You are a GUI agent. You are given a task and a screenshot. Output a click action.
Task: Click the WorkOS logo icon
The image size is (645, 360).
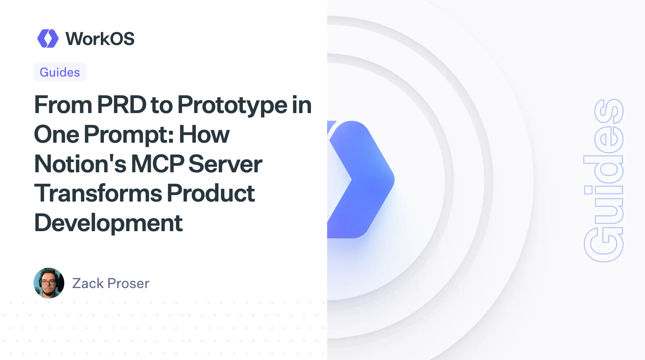[x=48, y=38]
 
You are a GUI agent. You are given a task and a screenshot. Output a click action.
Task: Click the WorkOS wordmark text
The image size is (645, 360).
[x=100, y=39]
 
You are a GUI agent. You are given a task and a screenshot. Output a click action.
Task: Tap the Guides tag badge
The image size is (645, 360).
[x=60, y=72]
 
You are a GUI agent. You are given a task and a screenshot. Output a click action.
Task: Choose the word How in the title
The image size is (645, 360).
[x=204, y=135]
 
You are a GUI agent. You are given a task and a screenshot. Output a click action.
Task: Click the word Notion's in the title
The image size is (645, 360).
[x=80, y=164]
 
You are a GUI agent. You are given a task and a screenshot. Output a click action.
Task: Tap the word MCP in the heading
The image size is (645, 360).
[x=158, y=164]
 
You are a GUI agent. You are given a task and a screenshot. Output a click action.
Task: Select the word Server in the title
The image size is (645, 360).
[x=225, y=164]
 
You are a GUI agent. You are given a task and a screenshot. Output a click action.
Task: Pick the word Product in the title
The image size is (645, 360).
[x=211, y=193]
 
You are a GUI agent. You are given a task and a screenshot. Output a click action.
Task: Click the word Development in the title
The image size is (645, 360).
[x=109, y=223]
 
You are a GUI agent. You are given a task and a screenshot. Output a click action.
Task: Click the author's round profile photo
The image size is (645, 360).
[x=49, y=283]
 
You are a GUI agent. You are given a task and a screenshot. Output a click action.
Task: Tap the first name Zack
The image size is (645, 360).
[x=88, y=283]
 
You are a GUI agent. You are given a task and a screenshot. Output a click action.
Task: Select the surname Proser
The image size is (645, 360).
[x=129, y=283]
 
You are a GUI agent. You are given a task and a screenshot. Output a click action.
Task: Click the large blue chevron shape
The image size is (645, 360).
[x=360, y=180]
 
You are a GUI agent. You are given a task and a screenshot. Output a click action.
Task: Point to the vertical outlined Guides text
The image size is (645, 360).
[x=603, y=181]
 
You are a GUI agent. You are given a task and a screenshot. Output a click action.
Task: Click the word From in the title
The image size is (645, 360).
[x=63, y=105]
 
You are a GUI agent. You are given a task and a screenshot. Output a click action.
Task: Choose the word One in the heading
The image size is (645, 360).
[x=57, y=135]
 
